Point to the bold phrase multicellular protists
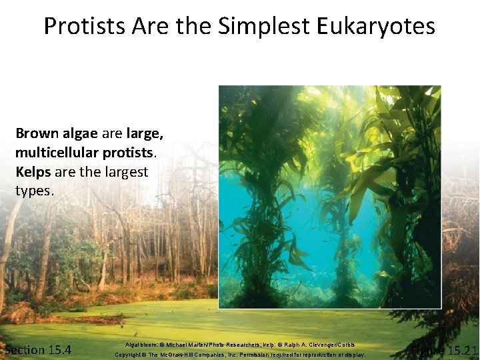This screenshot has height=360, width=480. [85, 152]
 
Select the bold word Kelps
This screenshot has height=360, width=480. [33, 171]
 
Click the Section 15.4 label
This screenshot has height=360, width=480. [38, 350]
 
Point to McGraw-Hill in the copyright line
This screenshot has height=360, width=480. [192, 355]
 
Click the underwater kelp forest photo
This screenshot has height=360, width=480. [329, 197]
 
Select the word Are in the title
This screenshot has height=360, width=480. [150, 26]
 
